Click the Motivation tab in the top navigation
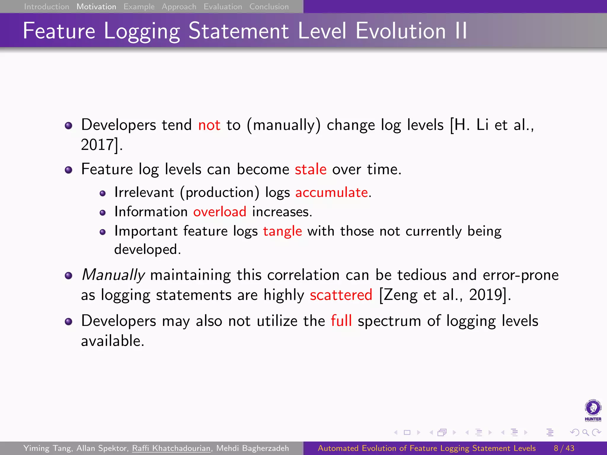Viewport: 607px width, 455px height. point(96,7)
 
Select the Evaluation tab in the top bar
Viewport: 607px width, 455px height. point(223,7)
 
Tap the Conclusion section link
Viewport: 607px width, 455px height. point(269,7)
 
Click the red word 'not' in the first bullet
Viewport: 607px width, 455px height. point(209,125)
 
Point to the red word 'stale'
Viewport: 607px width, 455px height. point(311,169)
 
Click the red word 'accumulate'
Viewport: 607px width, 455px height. point(332,193)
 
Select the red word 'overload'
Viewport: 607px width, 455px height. point(220,212)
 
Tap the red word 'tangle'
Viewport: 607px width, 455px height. point(282,231)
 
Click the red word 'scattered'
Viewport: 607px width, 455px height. point(341,295)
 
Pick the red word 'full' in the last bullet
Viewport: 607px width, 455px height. point(341,321)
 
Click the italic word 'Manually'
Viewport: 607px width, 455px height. point(113,275)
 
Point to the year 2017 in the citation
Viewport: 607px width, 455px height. point(98,145)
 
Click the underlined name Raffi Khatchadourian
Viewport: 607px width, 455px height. point(171,448)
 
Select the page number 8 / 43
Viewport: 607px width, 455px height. point(564,448)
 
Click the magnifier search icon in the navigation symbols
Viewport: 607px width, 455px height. point(585,432)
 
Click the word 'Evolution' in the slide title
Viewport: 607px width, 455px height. point(400,31)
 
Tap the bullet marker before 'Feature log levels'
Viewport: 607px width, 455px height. point(68,170)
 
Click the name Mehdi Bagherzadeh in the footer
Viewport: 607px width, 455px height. point(253,448)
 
